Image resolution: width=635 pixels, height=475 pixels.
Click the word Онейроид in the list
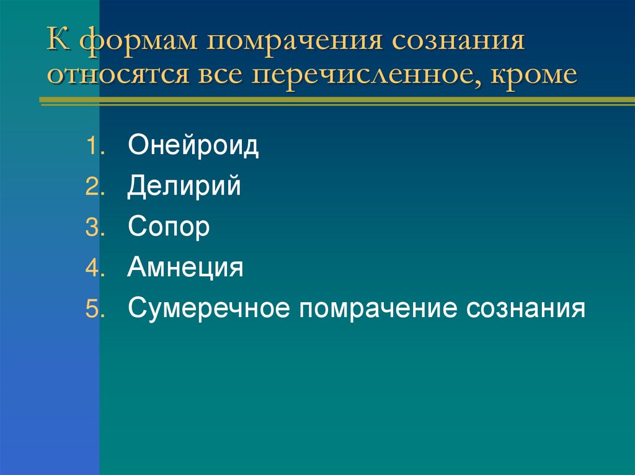point(193,147)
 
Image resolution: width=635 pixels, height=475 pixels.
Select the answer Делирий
point(184,187)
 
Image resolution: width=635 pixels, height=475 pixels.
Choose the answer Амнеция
point(185,268)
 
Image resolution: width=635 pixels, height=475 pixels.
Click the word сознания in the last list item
point(526,308)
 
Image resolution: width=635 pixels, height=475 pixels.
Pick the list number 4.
point(91,269)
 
